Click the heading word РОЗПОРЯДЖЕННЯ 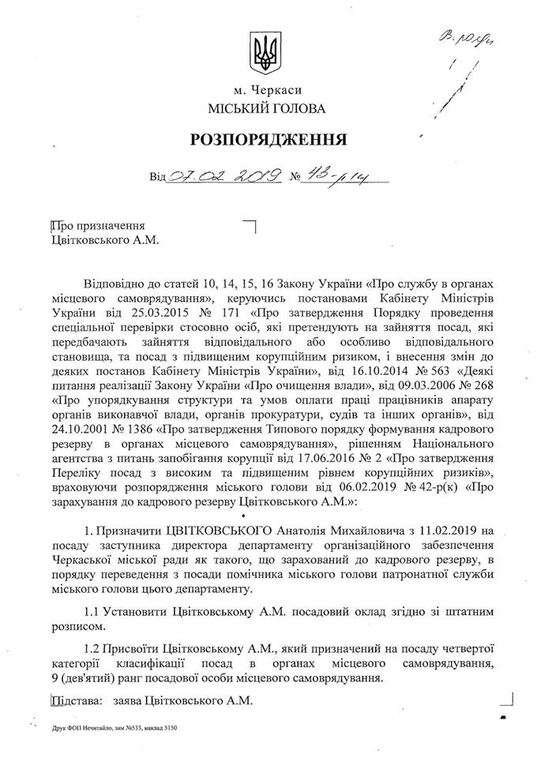(268, 141)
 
